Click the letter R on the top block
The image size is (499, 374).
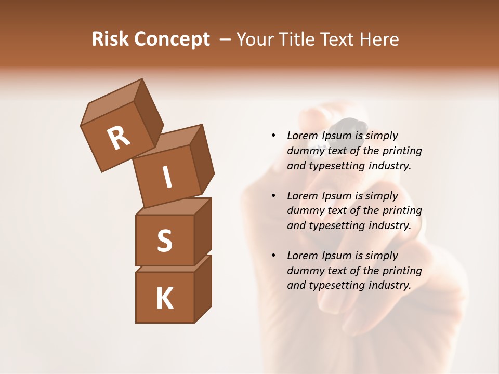click(x=119, y=138)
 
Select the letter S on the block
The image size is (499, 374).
click(x=164, y=241)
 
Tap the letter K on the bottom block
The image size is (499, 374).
click(x=164, y=298)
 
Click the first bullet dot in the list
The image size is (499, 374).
click(x=273, y=136)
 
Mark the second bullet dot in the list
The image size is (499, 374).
click(x=273, y=196)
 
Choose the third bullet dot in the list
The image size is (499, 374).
click(x=273, y=256)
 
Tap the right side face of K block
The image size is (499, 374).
click(x=203, y=289)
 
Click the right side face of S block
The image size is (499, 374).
click(x=203, y=232)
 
